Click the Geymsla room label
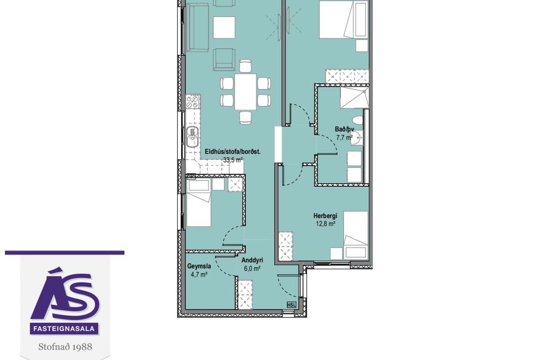199,266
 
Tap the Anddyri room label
252,260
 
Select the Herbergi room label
325,216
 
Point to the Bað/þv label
344,129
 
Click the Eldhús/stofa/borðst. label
233,152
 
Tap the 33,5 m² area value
233,160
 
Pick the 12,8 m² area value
326,224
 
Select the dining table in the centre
246,92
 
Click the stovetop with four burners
193,102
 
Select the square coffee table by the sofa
224,28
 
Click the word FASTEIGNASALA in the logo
64,328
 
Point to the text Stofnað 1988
65,346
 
